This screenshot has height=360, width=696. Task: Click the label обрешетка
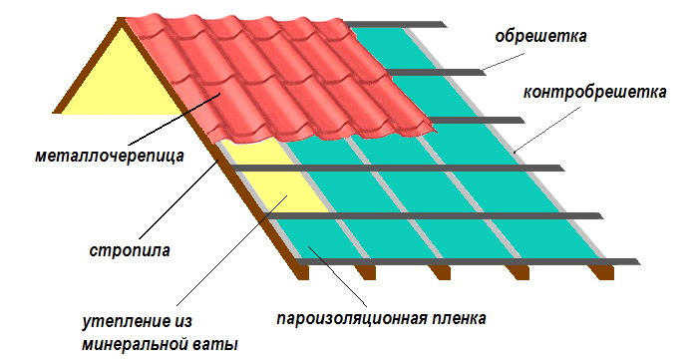point(540,37)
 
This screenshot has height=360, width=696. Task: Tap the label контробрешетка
point(595,93)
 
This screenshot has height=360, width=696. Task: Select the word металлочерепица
point(110,156)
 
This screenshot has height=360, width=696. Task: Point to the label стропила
point(130,250)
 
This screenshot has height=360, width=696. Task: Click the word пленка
point(457,318)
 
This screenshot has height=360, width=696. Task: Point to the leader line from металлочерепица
point(174,119)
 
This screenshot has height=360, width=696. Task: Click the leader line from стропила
point(178,199)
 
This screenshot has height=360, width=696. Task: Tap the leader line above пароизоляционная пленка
point(337,275)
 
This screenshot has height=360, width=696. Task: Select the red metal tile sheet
point(279,80)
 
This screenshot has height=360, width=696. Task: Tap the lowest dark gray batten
point(469,262)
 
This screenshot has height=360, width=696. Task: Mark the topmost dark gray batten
point(395,24)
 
